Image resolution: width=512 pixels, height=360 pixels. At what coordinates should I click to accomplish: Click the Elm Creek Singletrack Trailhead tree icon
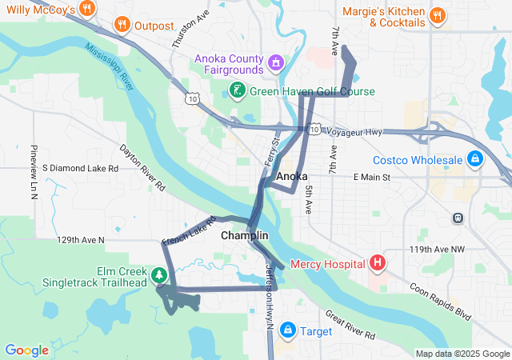160,276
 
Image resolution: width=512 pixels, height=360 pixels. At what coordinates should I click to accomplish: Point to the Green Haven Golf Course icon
237,91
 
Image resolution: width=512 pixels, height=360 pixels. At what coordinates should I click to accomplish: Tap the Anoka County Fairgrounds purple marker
276,61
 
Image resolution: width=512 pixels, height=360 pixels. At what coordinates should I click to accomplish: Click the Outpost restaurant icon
122,25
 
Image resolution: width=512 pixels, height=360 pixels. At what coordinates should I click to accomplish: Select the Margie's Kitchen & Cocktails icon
437,15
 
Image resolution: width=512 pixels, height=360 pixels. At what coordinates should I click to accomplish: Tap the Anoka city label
291,176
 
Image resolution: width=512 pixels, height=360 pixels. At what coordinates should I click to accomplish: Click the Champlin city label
244,236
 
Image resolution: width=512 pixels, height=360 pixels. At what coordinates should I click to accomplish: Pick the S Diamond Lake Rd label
80,168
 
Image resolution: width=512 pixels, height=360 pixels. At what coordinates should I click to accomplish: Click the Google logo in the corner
26,350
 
